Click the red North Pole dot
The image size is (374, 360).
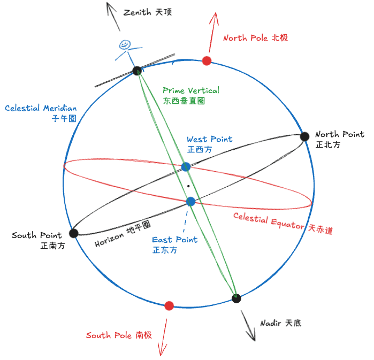coord(207,60)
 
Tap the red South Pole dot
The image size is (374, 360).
coord(169,305)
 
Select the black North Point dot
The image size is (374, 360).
coord(304,136)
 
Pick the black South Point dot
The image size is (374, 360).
coord(74,233)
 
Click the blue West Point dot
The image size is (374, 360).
coord(186,166)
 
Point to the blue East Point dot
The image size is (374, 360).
coord(190,202)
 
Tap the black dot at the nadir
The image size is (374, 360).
coord(236,298)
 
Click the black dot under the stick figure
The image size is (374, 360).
coord(136,70)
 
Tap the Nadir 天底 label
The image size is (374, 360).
coord(281,323)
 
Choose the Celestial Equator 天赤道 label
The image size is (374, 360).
coord(283,224)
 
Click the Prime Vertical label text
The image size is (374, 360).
coord(191,90)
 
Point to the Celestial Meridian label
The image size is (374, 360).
coord(41,108)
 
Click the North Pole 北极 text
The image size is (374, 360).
coord(255,38)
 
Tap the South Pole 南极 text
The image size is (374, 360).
coord(119,335)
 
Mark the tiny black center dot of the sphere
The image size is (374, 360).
coord(188,186)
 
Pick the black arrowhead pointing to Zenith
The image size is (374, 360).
coord(111,7)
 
